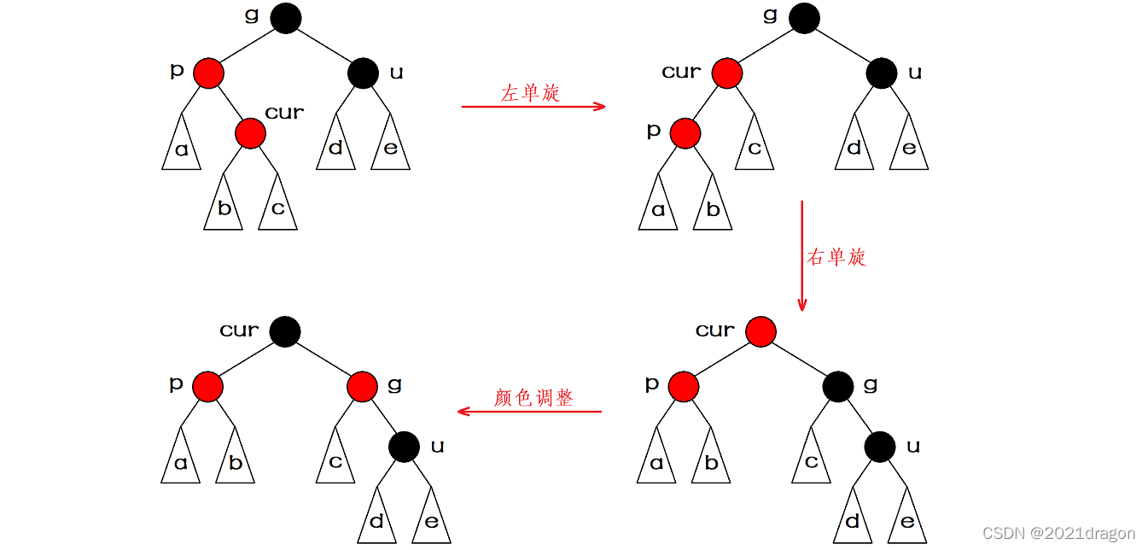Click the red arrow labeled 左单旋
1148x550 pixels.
[x=533, y=107]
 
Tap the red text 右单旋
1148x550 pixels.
[x=836, y=257]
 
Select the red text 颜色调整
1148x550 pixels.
[x=533, y=398]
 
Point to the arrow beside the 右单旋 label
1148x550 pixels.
[x=802, y=255]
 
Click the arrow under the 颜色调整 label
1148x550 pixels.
[x=529, y=411]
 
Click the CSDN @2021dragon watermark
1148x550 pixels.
[x=1059, y=534]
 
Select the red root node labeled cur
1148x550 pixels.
[x=761, y=331]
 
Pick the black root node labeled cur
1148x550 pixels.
[x=285, y=331]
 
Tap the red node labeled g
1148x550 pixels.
[x=363, y=387]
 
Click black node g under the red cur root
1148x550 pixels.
[x=838, y=387]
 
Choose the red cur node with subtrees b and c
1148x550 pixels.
[x=251, y=134]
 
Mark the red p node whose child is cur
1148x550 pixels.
[x=208, y=73]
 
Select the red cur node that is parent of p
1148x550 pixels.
[x=727, y=73]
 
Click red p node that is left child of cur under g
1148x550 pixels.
[x=685, y=134]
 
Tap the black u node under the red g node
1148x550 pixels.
[x=404, y=447]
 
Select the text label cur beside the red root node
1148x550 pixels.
[x=715, y=331]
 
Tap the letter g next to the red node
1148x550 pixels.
[x=394, y=384]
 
